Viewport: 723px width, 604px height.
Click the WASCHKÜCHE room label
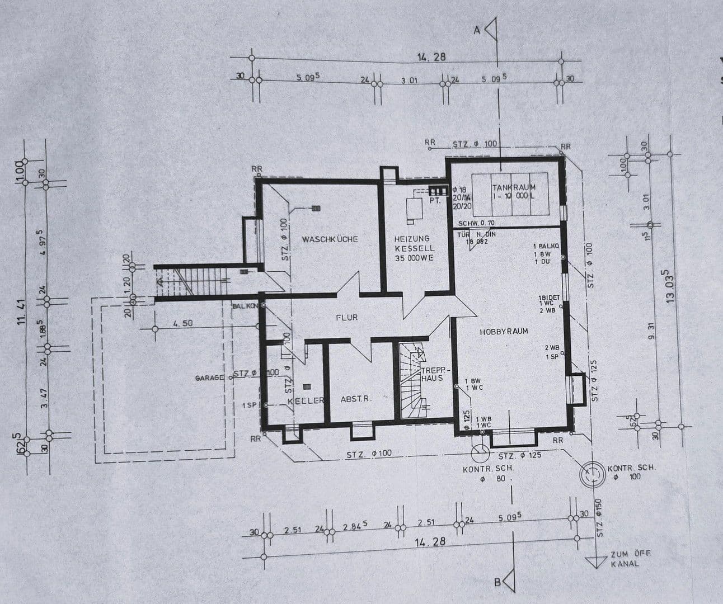[330, 239]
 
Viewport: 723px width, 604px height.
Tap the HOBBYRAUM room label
[504, 331]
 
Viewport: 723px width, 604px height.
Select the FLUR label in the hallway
[346, 317]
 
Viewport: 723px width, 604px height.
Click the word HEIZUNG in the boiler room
[411, 239]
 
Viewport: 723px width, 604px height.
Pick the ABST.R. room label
[356, 399]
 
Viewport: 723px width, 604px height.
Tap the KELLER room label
[306, 401]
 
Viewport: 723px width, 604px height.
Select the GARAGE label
[209, 378]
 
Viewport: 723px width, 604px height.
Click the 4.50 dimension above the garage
[183, 323]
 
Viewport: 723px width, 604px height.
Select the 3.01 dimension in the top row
[409, 81]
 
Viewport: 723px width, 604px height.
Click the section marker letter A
[477, 31]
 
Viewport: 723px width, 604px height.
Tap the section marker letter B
[497, 582]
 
